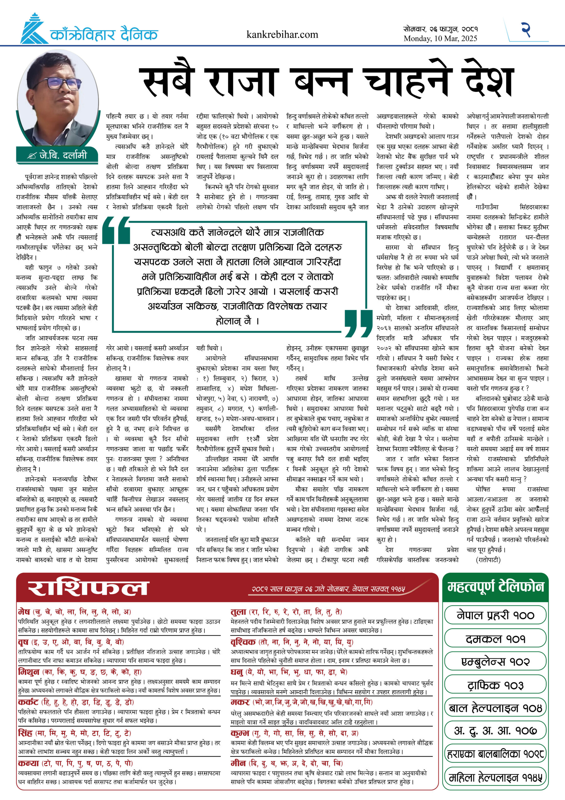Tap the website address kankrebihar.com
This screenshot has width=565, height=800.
pos(282,34)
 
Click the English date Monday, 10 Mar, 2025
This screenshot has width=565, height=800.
pos(440,39)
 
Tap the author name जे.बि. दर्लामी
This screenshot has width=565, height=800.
pos(63,155)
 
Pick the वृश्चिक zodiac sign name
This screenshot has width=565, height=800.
pos(243,642)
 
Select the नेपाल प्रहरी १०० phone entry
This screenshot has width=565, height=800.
pos(495,615)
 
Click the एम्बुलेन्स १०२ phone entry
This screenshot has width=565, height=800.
pos(495,661)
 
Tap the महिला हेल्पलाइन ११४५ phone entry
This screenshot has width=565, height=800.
pos(495,777)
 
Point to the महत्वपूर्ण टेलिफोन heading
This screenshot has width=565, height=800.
pos(495,587)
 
